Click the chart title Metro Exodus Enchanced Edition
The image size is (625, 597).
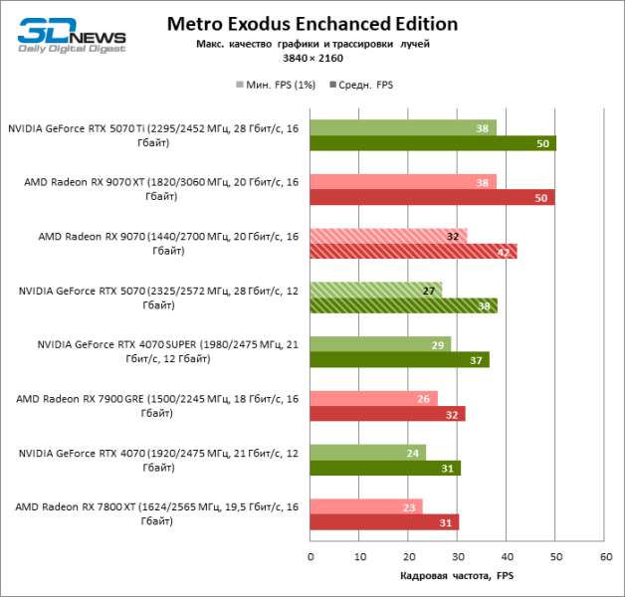(x=312, y=23)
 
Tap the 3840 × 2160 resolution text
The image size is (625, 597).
(x=312, y=58)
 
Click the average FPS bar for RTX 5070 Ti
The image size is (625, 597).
(x=432, y=143)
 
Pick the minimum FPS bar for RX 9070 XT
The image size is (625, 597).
(x=402, y=181)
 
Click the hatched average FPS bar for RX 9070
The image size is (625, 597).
(x=413, y=251)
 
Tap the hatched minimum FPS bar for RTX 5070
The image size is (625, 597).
(x=375, y=290)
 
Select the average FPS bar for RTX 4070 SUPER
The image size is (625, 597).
(x=399, y=359)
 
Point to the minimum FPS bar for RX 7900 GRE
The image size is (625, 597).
(x=373, y=398)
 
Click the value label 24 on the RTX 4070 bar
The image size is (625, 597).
(x=413, y=452)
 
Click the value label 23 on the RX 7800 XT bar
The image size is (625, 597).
(x=410, y=505)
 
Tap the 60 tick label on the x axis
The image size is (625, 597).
(x=604, y=556)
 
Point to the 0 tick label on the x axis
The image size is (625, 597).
(x=311, y=556)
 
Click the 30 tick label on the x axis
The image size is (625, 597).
(x=457, y=556)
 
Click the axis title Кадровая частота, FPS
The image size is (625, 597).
(x=457, y=575)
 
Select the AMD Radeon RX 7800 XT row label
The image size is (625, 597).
(x=156, y=513)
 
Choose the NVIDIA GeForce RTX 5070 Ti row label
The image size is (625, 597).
(x=152, y=135)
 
